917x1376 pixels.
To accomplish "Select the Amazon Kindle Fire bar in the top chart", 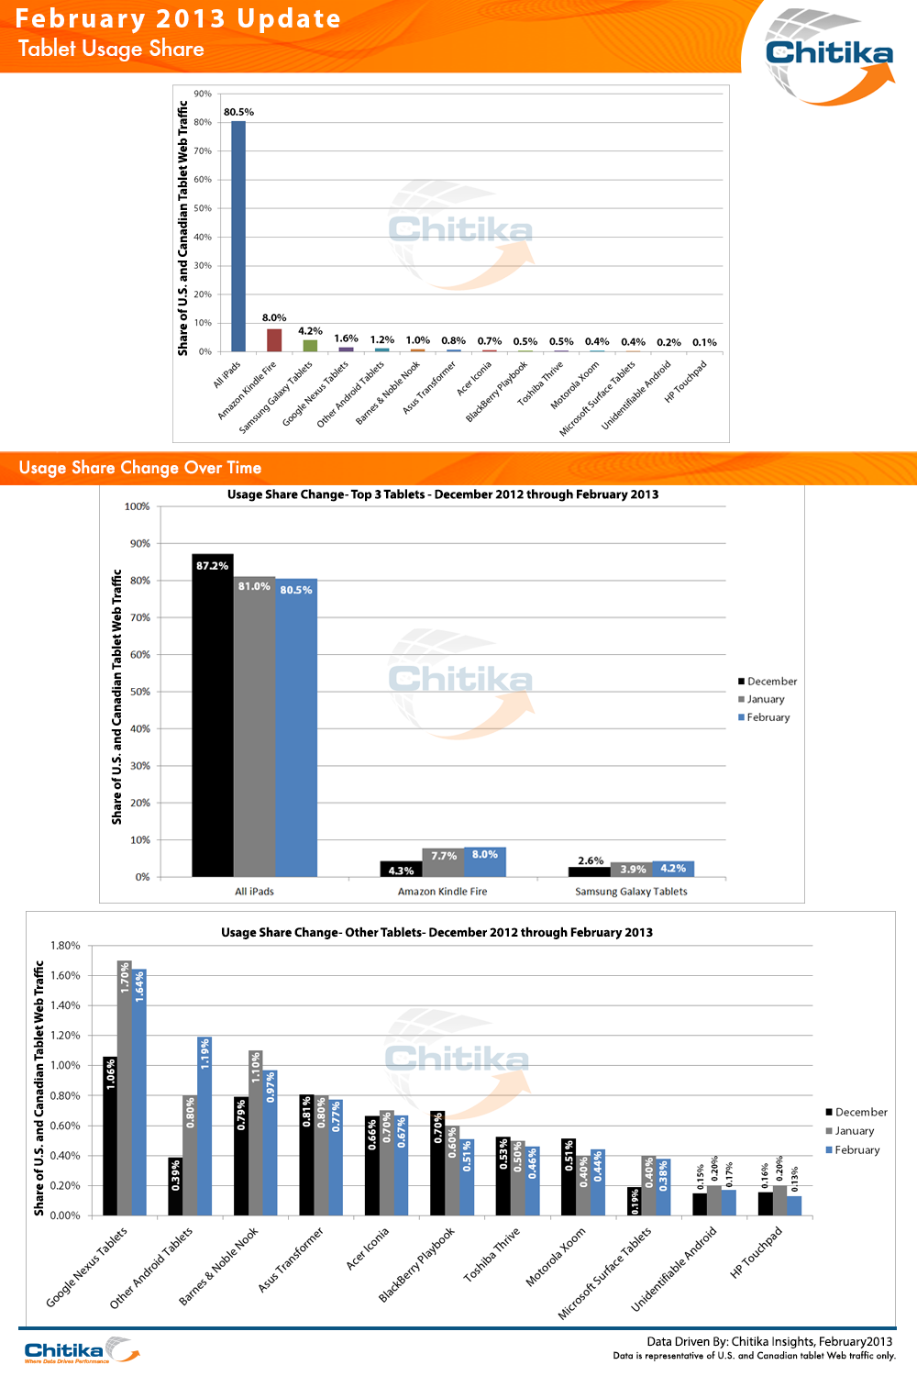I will point(274,340).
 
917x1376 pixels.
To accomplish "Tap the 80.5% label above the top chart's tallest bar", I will point(238,112).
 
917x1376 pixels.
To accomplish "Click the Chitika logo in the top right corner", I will point(828,53).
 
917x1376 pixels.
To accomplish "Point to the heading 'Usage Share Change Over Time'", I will point(140,468).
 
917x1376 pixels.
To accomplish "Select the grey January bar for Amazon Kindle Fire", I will point(443,863).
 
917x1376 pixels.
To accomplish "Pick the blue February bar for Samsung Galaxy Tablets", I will point(673,869).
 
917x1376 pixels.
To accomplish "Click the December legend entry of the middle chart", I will point(768,682).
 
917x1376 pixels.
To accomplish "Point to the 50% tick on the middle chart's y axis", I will point(139,692).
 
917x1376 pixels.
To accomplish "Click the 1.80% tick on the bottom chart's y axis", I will point(65,946).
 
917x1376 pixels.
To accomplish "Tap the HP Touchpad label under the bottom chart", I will point(757,1253).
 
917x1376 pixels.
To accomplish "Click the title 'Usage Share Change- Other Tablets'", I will point(436,932).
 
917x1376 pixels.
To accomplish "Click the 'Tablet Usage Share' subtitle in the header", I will point(111,49).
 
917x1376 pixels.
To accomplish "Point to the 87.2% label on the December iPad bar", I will point(212,566).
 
